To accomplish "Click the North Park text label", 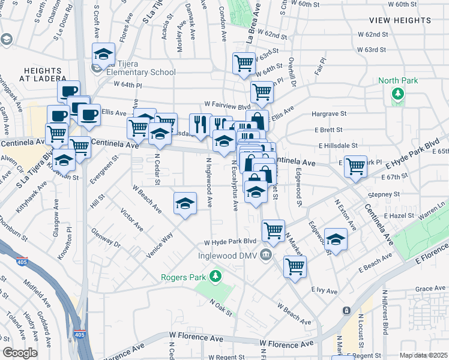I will click(x=397, y=80).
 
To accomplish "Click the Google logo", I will click(x=20, y=353).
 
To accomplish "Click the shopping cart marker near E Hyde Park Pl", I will click(x=355, y=165).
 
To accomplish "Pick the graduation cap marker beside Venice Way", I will click(x=185, y=203).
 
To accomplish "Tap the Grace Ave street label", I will click(x=430, y=289).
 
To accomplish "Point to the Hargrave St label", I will click(x=329, y=113).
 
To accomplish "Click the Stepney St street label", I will click(x=384, y=194).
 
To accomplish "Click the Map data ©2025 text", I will click(x=423, y=355).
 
